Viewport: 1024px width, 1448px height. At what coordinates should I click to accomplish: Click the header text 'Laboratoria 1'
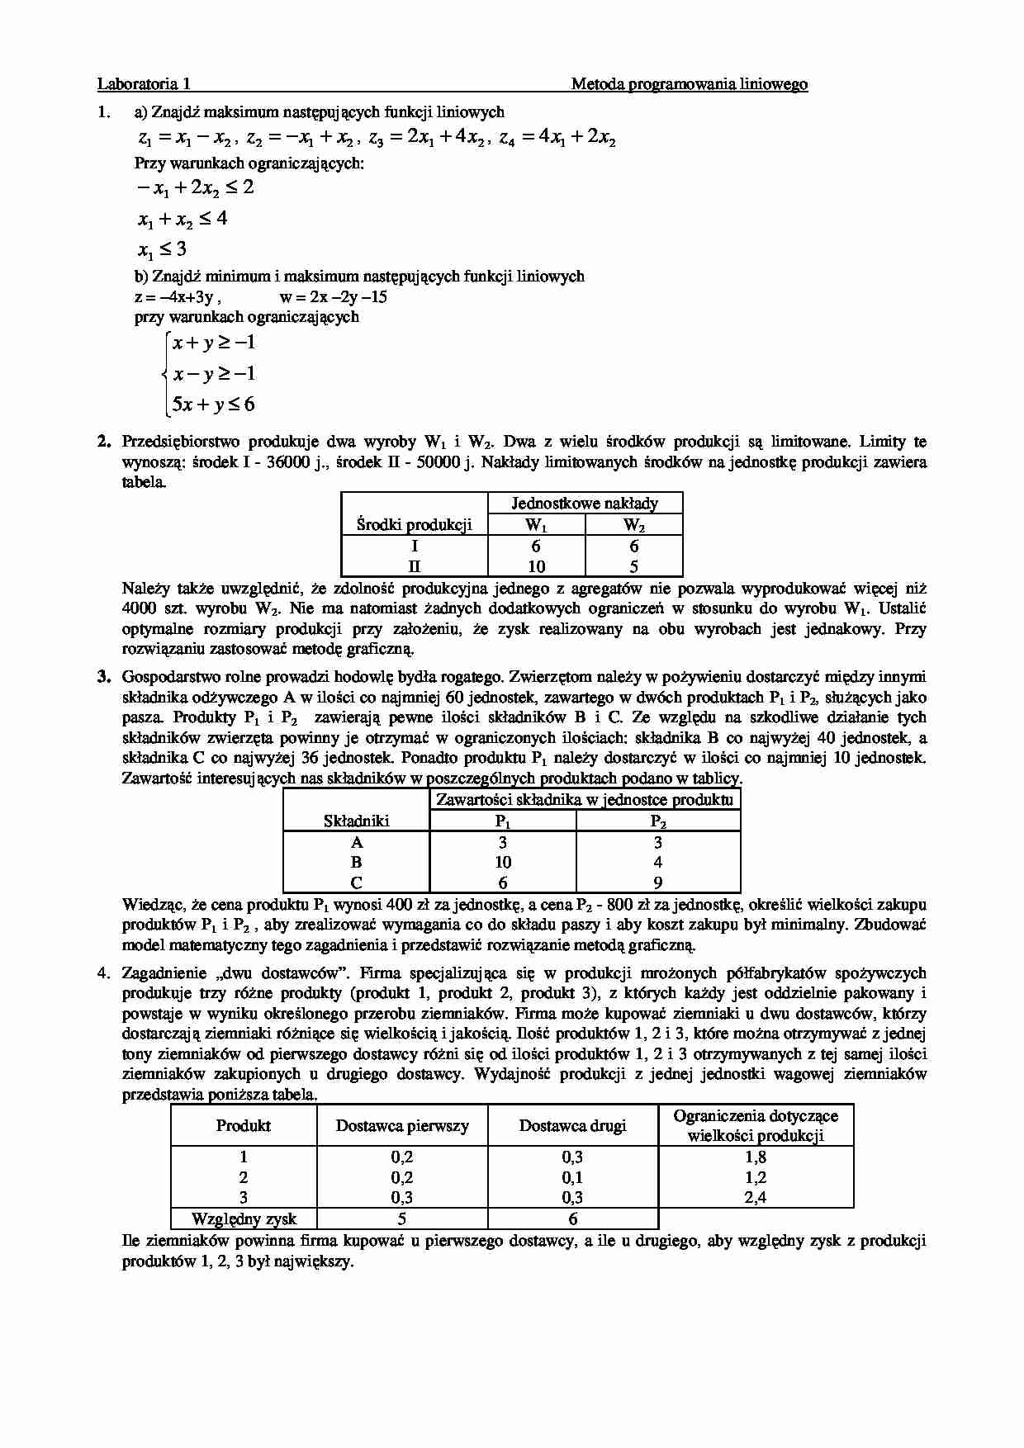(x=144, y=83)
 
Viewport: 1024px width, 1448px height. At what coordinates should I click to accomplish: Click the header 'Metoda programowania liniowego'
(x=689, y=83)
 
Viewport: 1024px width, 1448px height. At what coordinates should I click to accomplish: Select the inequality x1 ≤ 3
(x=162, y=249)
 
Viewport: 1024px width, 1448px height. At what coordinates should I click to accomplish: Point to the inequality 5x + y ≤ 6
(x=214, y=405)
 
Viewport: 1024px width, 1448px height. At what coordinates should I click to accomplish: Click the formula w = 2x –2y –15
(x=334, y=297)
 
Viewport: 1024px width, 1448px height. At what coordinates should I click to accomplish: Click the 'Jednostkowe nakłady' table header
(x=585, y=503)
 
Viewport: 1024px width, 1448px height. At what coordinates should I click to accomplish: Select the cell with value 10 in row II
(x=537, y=566)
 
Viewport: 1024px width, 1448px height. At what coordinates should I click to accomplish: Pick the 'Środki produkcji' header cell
(x=414, y=524)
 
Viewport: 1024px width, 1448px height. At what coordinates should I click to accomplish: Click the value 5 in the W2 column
(x=633, y=566)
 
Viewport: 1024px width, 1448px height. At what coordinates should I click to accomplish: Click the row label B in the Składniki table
(x=356, y=862)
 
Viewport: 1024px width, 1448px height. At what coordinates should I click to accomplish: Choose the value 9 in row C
(x=657, y=883)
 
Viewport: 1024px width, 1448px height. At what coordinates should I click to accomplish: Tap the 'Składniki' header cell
(x=356, y=821)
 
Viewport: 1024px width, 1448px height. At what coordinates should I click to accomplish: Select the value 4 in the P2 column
(x=657, y=862)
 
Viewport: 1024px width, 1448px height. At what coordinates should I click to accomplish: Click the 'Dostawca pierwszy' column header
(x=402, y=1125)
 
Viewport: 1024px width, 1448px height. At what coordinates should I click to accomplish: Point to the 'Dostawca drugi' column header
(x=572, y=1125)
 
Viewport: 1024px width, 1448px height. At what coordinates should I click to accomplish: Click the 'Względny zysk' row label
(x=244, y=1218)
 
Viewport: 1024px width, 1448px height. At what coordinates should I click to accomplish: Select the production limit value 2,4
(x=755, y=1197)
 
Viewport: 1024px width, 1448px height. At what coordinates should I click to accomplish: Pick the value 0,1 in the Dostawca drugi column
(x=572, y=1177)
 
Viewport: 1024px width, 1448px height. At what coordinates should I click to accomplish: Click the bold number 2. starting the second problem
(x=104, y=442)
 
